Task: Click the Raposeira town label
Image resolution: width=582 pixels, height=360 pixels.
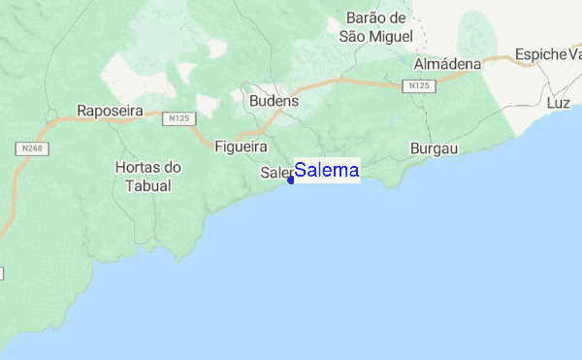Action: pyautogui.click(x=110, y=112)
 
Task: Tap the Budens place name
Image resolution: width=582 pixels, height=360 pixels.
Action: pyautogui.click(x=274, y=101)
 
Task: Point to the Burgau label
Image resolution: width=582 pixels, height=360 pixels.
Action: pyautogui.click(x=434, y=148)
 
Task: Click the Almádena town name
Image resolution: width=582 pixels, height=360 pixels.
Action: pyautogui.click(x=447, y=64)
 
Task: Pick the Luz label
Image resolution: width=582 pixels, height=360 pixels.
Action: pyautogui.click(x=558, y=102)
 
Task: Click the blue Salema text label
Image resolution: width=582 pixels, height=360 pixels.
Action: pyautogui.click(x=327, y=171)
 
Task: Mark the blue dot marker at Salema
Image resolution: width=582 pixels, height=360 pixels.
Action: pyautogui.click(x=291, y=180)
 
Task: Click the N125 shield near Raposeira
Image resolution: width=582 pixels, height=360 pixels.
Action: pyautogui.click(x=177, y=118)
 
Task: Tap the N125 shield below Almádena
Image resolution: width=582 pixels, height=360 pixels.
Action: pyautogui.click(x=419, y=86)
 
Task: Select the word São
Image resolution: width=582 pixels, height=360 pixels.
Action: pyautogui.click(x=351, y=37)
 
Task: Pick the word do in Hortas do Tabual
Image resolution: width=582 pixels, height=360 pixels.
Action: pyautogui.click(x=173, y=167)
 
